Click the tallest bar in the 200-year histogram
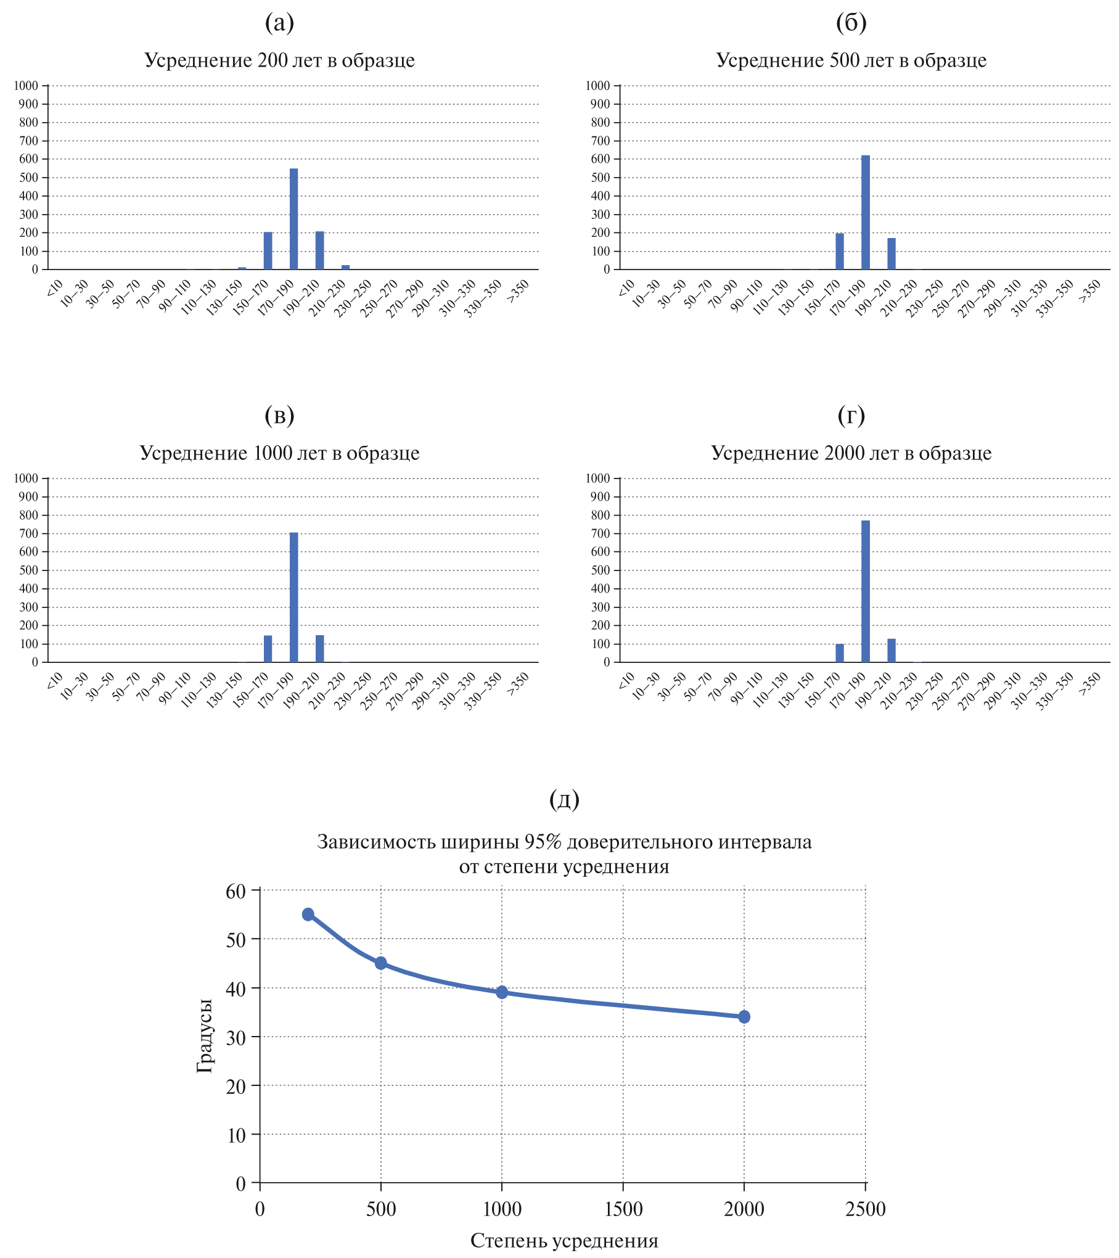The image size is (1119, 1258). pyautogui.click(x=293, y=219)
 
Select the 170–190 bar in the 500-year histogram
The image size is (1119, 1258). pyautogui.click(x=866, y=213)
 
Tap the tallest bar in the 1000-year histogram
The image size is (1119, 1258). pyautogui.click(x=293, y=597)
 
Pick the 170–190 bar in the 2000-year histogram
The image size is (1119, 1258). pyautogui.click(x=866, y=591)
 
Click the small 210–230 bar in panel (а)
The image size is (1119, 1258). pyautogui.click(x=345, y=267)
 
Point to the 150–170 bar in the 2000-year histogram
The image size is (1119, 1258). pyautogui.click(x=840, y=653)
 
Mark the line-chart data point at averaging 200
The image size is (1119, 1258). pyautogui.click(x=308, y=914)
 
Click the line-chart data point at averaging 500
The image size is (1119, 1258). pyautogui.click(x=381, y=963)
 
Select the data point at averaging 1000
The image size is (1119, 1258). pyautogui.click(x=502, y=992)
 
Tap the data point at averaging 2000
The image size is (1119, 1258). pyautogui.click(x=744, y=1016)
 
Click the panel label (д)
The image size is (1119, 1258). pyautogui.click(x=564, y=799)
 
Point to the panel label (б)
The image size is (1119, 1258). pyautogui.click(x=851, y=23)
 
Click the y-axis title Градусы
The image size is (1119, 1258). pyautogui.click(x=205, y=1036)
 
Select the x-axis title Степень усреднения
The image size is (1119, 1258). pyautogui.click(x=564, y=1240)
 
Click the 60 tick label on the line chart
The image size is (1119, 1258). pyautogui.click(x=236, y=891)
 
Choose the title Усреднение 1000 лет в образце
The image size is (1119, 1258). pyautogui.click(x=279, y=453)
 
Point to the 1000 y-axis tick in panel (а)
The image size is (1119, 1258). pyautogui.click(x=26, y=86)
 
